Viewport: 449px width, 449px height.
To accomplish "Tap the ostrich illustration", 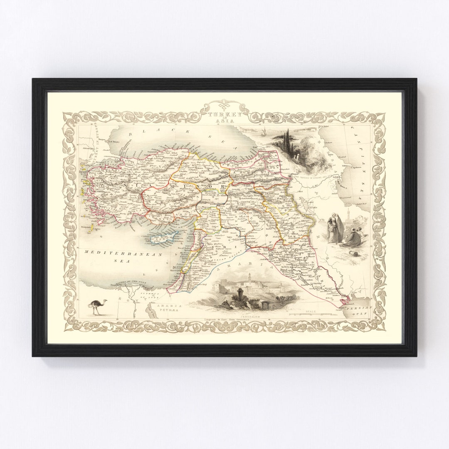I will [99, 307].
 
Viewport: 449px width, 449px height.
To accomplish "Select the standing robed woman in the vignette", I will [335, 229].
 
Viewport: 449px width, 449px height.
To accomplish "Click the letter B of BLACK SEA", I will [130, 135].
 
